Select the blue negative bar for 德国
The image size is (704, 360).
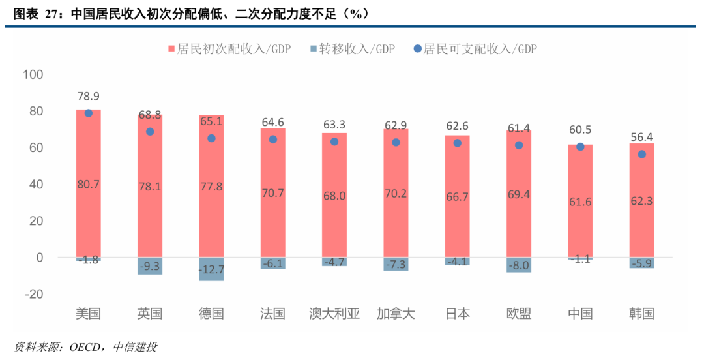click(x=211, y=269)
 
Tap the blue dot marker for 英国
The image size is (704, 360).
click(x=150, y=132)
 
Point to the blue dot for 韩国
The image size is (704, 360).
click(x=641, y=155)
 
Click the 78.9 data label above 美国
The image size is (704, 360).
click(x=88, y=97)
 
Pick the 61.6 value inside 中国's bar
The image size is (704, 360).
click(x=580, y=202)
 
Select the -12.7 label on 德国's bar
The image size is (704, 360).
click(x=211, y=269)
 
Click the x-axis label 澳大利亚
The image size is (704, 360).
click(x=334, y=314)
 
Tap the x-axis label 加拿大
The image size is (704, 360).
click(x=396, y=314)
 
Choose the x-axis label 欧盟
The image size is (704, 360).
click(x=519, y=314)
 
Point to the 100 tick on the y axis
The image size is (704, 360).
click(x=33, y=75)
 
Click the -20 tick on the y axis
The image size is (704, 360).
click(x=33, y=294)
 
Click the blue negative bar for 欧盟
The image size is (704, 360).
click(x=519, y=265)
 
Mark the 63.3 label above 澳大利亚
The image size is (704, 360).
click(x=334, y=125)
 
